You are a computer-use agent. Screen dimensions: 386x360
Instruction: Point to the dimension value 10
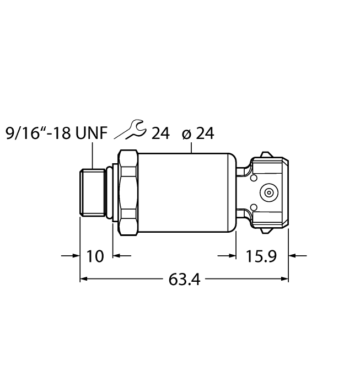pos(96,256)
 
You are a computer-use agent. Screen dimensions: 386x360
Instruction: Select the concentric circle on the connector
pos(268,193)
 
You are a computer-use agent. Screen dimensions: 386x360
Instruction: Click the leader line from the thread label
pos(92,155)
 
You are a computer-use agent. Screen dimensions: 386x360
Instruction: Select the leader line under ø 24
pos(191,147)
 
